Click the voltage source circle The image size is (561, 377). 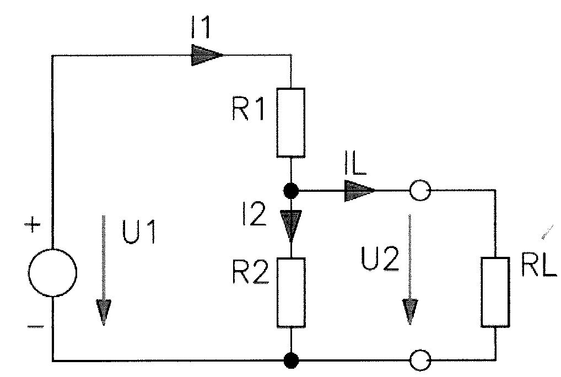(x=29, y=273)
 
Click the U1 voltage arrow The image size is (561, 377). (x=104, y=270)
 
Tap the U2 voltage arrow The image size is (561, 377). (x=409, y=270)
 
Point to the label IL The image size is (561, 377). (x=355, y=164)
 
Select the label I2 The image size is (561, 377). (x=254, y=214)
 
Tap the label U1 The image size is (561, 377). (x=139, y=232)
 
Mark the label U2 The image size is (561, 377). (x=380, y=259)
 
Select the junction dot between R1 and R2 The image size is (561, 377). (x=290, y=191)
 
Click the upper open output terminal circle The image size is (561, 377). (x=420, y=190)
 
